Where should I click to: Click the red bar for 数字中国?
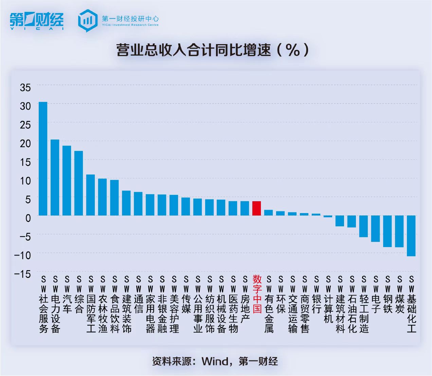pos(257,208)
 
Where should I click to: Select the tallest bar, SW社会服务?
pos(43,158)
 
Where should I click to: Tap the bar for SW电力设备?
pos(55,177)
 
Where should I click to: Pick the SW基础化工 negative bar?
pos(411,236)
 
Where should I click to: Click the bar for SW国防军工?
pos(91,195)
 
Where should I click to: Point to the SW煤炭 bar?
pos(399,231)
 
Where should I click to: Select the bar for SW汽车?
pos(67,180)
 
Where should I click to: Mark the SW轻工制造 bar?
pos(364,226)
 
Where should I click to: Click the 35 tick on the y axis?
pos(25,88)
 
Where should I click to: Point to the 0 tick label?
pos(28,218)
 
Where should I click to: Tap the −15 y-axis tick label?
pos(23,274)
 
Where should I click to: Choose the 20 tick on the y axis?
pos(25,143)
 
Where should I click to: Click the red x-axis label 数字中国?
pos(257,294)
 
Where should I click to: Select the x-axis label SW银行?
pos(317,294)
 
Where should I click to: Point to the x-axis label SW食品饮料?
pos(114,304)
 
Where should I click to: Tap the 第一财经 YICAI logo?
pos(37,21)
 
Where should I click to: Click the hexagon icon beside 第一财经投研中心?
pos(88,20)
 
